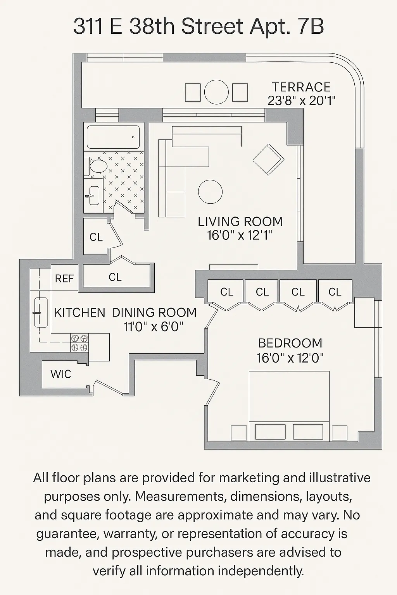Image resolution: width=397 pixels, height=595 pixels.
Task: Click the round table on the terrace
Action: [216, 92]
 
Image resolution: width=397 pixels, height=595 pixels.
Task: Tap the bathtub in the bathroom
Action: [113, 137]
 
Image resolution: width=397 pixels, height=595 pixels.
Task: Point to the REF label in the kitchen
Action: [64, 279]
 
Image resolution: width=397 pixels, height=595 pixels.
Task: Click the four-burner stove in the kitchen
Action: [79, 342]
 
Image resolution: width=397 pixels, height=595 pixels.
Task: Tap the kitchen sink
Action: [40, 312]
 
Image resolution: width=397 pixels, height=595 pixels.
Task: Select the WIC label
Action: [61, 374]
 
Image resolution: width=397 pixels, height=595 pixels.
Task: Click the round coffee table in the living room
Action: [210, 191]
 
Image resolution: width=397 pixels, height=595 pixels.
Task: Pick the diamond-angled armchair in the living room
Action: [268, 159]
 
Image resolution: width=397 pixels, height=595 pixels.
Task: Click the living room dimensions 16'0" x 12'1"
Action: [240, 235]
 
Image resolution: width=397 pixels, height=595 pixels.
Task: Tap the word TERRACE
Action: [301, 87]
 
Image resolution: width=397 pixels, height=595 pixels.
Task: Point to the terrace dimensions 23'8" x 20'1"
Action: [301, 101]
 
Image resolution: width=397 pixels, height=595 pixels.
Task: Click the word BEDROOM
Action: [290, 343]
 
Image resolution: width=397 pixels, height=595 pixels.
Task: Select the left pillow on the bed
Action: [270, 432]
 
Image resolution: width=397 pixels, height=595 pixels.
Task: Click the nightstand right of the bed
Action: [340, 433]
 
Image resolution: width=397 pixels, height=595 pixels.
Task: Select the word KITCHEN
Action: [79, 313]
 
